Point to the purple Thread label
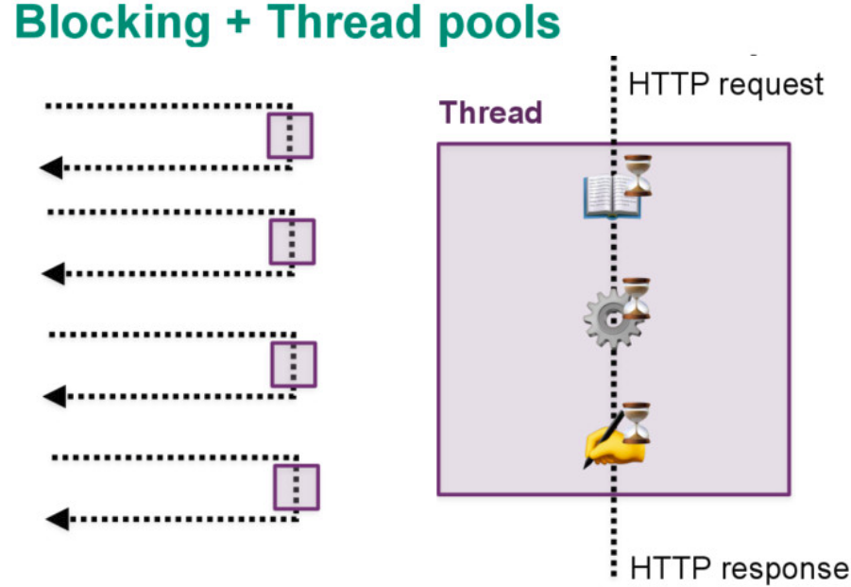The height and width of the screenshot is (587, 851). pyautogui.click(x=491, y=112)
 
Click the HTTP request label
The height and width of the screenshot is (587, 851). pyautogui.click(x=725, y=84)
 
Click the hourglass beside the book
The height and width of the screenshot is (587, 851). pyautogui.click(x=638, y=176)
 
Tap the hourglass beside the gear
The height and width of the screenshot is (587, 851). pyautogui.click(x=638, y=299)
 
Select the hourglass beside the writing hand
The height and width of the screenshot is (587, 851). pyautogui.click(x=638, y=422)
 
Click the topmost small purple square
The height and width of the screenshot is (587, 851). pyautogui.click(x=289, y=135)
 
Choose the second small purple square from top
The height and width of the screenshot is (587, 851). pyautogui.click(x=292, y=241)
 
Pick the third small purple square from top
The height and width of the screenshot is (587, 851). pyautogui.click(x=294, y=364)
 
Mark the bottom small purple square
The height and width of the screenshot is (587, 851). pyautogui.click(x=297, y=487)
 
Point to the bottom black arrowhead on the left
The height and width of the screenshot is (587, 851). pyautogui.click(x=57, y=518)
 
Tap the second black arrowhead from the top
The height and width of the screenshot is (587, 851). pyautogui.click(x=53, y=274)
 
